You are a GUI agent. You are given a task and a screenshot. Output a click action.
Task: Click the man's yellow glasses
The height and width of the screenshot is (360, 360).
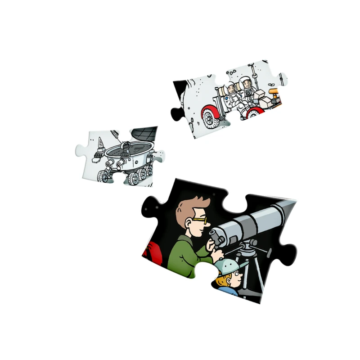pos(201,221)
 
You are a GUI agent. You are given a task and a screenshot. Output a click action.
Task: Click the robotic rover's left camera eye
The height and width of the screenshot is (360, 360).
pos(126,146)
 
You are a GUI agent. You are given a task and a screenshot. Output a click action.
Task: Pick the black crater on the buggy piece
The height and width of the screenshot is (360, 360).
pos(180,85)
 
